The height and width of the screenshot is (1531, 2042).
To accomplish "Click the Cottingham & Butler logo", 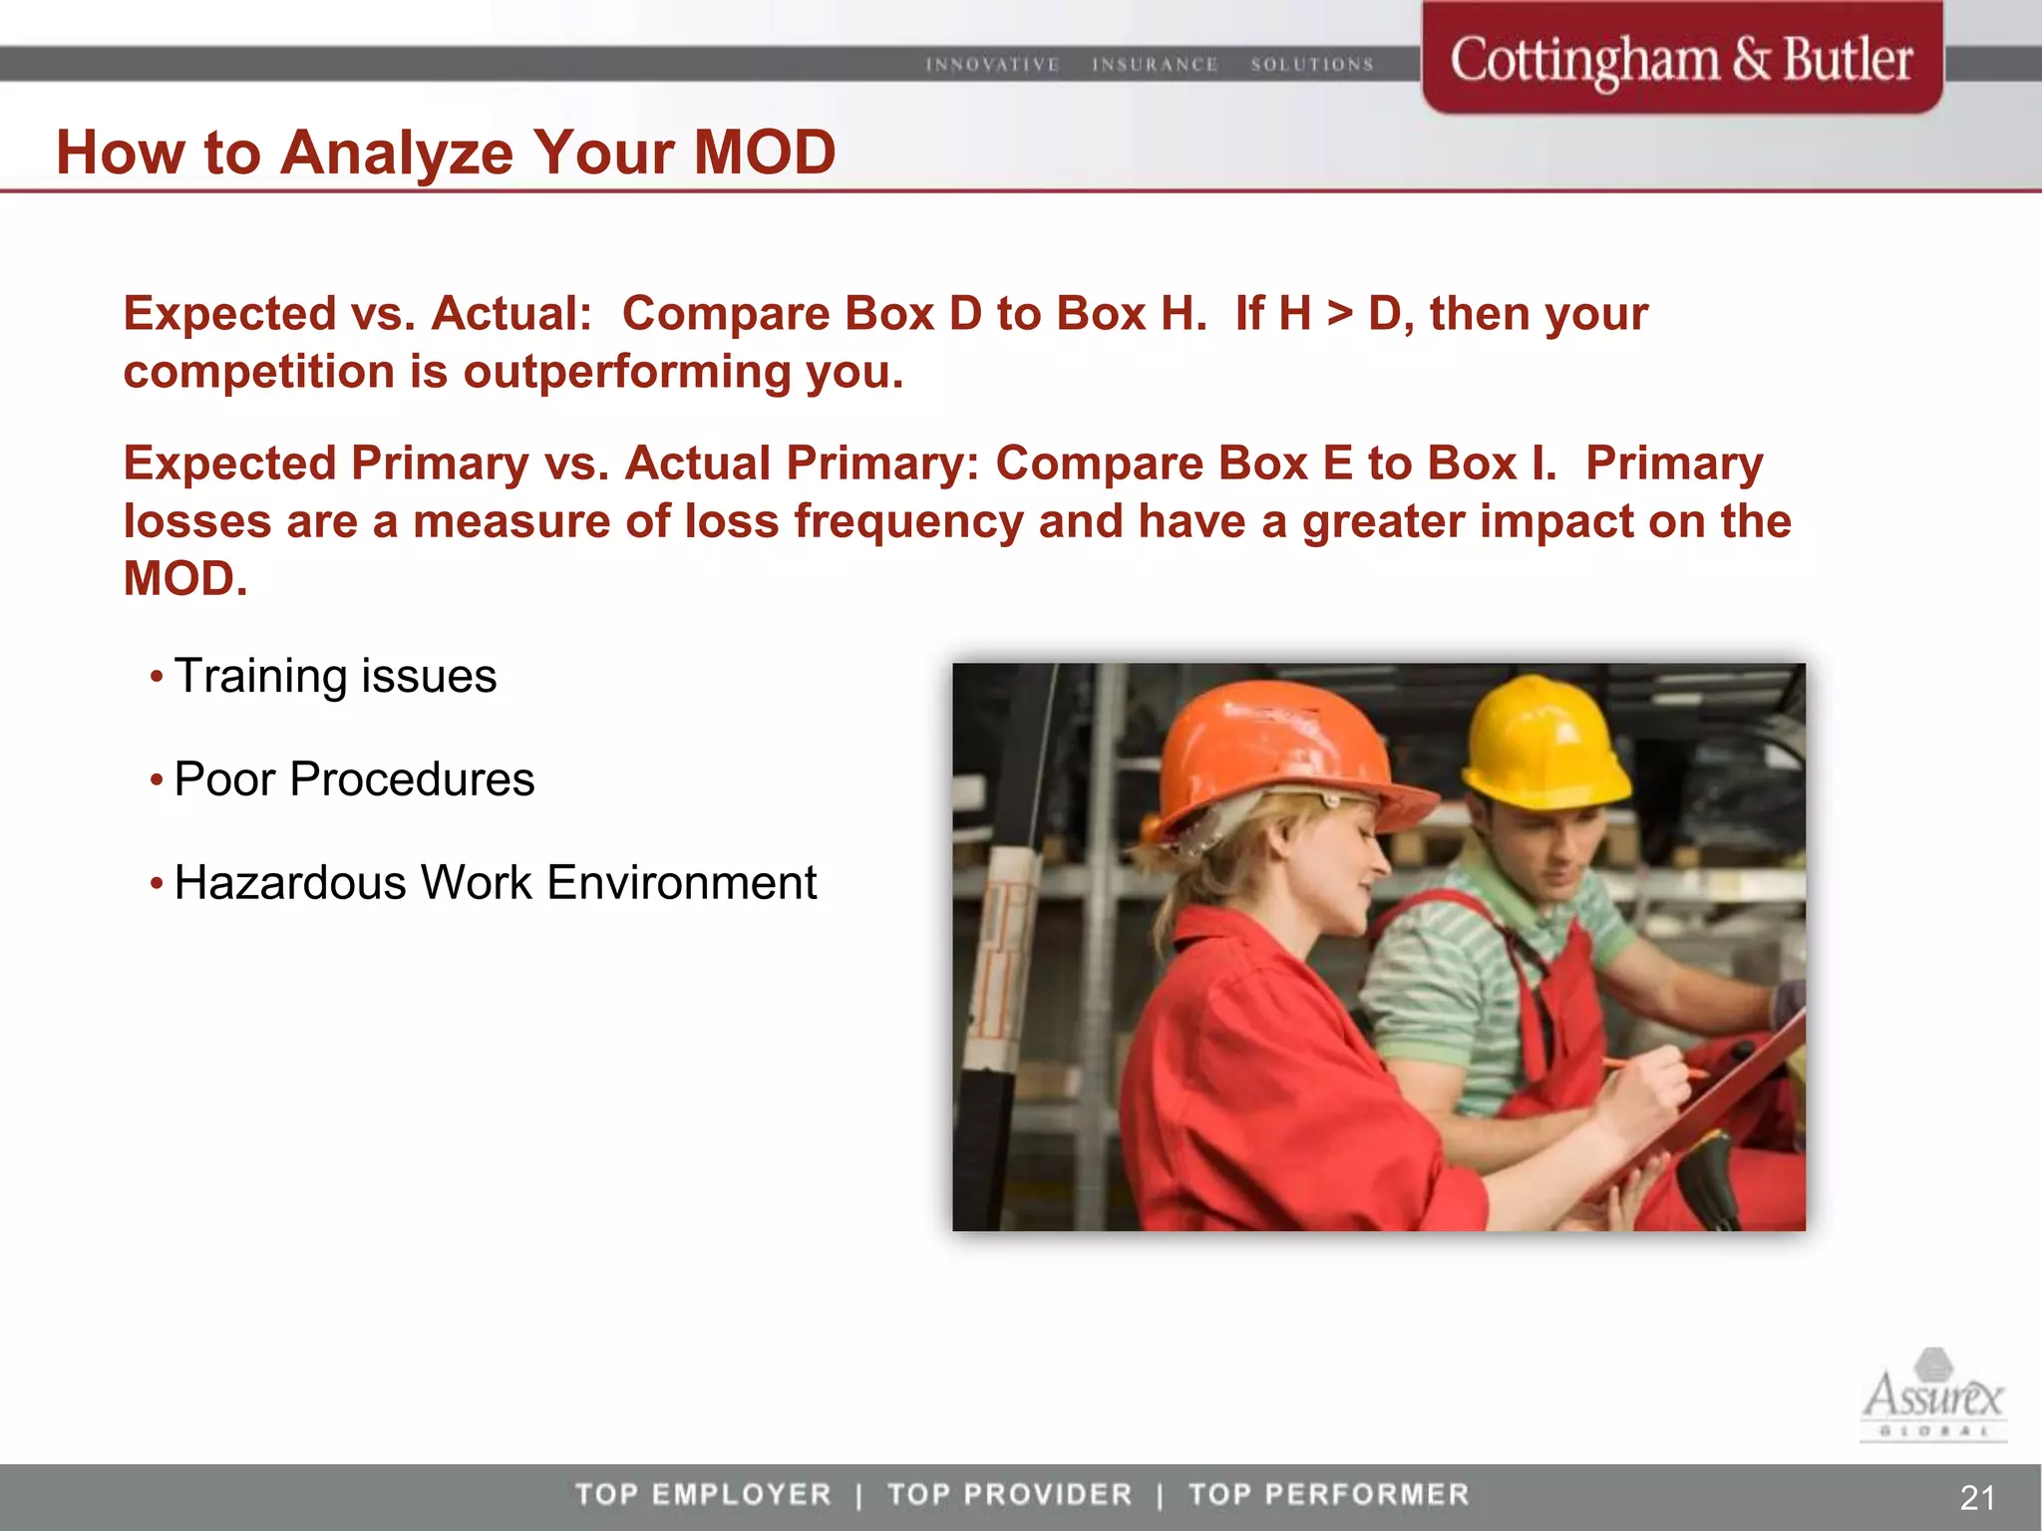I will point(1681,60).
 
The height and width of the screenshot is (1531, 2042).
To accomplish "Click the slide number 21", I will point(1977,1497).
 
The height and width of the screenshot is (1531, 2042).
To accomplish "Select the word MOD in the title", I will point(764,153).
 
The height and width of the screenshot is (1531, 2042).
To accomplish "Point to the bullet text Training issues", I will point(335,676).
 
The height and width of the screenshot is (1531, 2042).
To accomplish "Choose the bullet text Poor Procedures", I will point(354,778).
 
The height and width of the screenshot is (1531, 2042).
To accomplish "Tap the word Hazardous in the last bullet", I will point(289,883).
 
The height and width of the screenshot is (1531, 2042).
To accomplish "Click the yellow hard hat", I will point(1545,743).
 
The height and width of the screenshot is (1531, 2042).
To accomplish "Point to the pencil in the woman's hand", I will point(1655,1068).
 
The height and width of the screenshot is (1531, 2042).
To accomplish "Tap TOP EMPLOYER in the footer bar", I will point(703,1494).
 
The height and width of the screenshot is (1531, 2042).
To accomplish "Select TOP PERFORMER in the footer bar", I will point(1328,1494).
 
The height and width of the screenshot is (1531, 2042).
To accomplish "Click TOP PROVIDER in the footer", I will point(1009,1494).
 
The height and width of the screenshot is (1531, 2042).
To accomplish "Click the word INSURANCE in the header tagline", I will point(1155,65).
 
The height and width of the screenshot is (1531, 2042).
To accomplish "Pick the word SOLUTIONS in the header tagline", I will point(1312,65).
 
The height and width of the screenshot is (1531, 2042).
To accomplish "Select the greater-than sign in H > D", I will point(1340,315).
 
